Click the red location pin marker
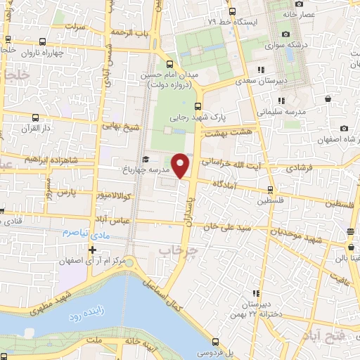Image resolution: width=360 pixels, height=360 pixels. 181,165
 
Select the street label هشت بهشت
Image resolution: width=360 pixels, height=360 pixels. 230,132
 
